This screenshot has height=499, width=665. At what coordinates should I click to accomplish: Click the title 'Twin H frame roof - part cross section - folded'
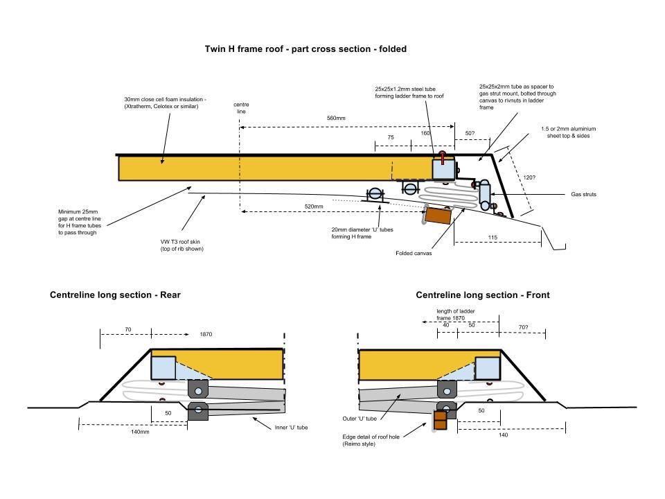point(305,49)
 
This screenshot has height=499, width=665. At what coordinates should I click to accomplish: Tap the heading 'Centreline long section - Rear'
point(115,295)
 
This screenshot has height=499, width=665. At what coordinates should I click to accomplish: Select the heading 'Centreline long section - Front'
point(482,295)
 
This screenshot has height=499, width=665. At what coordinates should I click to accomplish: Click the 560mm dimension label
point(336,119)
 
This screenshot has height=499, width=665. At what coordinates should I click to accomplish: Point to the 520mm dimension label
point(314,207)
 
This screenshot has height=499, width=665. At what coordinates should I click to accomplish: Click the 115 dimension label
point(493,238)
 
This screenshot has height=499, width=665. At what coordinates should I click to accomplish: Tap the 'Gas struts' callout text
point(583,195)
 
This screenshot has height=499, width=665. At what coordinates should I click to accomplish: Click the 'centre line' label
point(240,107)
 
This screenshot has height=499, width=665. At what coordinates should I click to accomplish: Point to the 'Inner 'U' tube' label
point(291,428)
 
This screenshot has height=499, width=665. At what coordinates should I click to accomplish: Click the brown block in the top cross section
point(438,216)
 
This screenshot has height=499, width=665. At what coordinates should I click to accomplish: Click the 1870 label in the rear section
point(206,335)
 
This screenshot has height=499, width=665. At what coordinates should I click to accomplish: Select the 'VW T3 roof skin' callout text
point(183,245)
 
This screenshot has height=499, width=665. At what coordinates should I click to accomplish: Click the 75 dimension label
point(391,138)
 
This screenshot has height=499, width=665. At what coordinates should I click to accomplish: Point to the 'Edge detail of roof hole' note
point(371,440)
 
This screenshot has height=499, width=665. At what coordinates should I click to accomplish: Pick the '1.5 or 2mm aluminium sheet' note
point(569,133)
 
